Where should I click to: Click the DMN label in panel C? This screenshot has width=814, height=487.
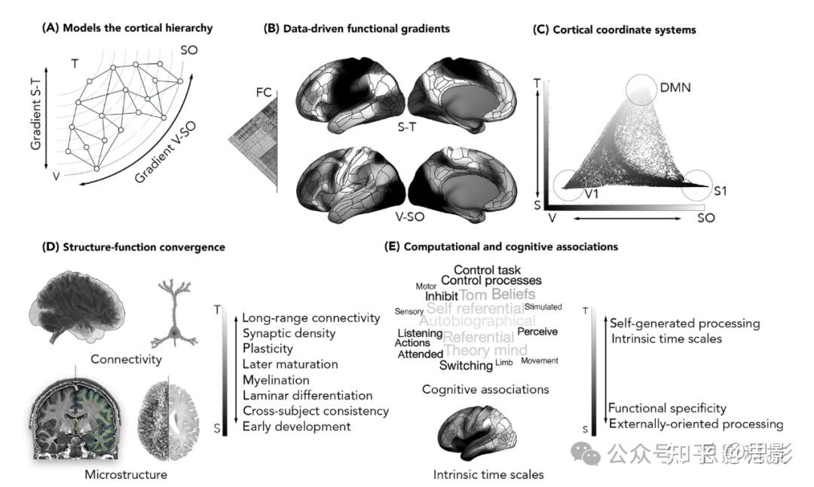tap(675, 87)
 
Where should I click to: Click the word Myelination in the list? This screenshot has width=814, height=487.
tap(276, 380)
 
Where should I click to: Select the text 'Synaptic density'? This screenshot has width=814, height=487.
tap(289, 333)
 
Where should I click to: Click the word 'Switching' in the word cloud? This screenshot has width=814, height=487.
tap(466, 366)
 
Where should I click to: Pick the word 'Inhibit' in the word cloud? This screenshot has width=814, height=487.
tap(441, 296)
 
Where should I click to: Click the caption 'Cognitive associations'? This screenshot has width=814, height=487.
tap(485, 389)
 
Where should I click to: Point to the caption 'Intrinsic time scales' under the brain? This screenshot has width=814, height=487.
tap(488, 474)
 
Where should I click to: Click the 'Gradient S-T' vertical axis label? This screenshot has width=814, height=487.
tap(35, 117)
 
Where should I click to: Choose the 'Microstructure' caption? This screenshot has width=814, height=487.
tap(126, 474)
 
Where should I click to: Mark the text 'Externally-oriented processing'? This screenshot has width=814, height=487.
tap(696, 424)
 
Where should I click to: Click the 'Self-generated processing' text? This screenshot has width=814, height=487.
tap(684, 323)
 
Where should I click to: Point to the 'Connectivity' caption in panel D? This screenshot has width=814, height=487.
tap(126, 359)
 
